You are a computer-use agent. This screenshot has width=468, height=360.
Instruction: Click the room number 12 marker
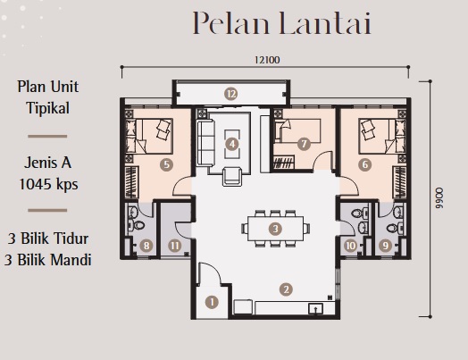[231, 94]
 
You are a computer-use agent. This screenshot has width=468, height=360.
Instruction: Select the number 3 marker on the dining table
[275, 229]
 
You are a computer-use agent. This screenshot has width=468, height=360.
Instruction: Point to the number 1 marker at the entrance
[212, 302]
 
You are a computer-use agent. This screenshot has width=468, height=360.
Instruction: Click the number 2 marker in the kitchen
[286, 289]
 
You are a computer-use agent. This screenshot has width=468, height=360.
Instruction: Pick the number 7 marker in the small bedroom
[304, 144]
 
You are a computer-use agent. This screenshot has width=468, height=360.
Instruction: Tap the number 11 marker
[174, 246]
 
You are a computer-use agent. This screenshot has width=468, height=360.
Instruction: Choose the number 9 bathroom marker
[385, 246]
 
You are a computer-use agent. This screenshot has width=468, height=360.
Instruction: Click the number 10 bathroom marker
[350, 246]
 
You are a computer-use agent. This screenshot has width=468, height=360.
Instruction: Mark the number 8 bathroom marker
[146, 246]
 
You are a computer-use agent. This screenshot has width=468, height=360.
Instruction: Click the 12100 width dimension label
[267, 60]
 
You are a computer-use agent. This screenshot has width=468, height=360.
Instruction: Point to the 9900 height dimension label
[439, 197]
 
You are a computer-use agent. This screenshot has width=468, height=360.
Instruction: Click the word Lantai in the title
[326, 23]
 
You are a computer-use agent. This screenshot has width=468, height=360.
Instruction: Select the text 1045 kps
[48, 184]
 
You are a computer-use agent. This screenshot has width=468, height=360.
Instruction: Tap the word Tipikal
[48, 108]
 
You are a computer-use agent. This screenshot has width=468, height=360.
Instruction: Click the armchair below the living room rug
[232, 177]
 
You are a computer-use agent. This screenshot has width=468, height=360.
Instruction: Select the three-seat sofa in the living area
[205, 143]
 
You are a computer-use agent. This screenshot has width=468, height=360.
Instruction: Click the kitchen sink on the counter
[315, 309]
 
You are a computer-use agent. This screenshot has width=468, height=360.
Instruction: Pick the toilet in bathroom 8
[138, 224]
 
